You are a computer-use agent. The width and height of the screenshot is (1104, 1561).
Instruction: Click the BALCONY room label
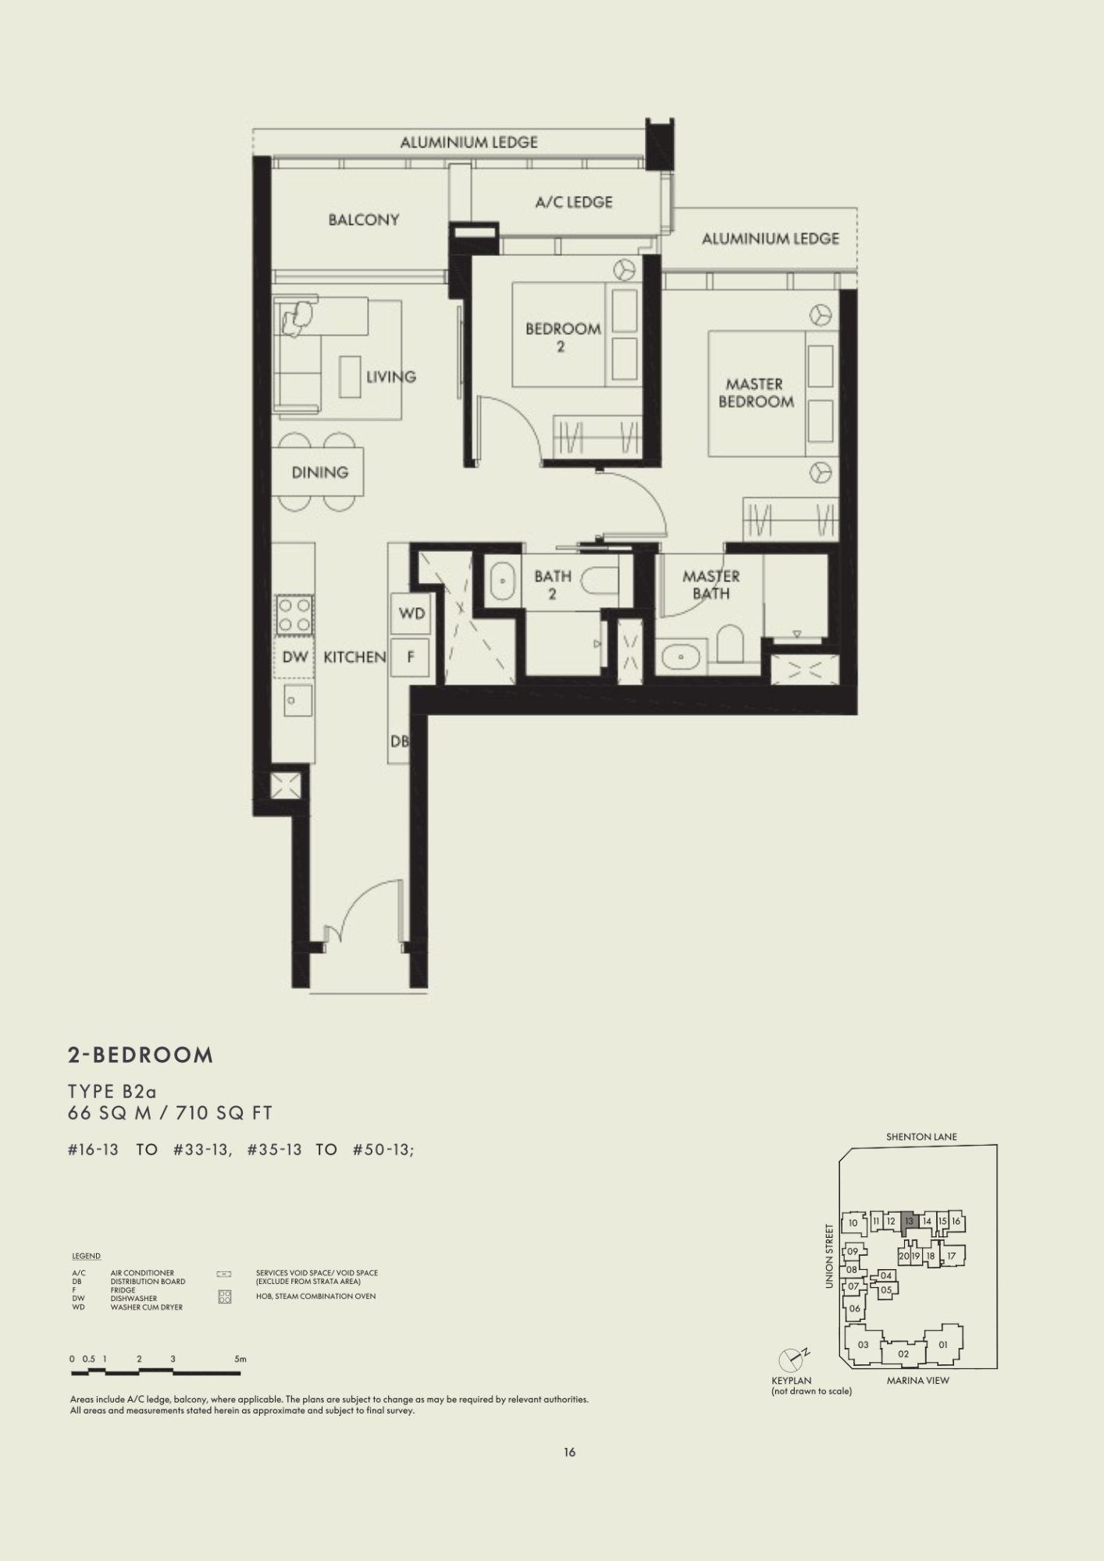point(364,220)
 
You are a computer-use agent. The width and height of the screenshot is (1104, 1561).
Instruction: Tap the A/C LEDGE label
point(574,202)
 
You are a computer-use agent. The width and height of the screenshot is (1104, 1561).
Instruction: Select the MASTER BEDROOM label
point(756,393)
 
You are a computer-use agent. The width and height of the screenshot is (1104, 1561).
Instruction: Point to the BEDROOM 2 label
point(563,337)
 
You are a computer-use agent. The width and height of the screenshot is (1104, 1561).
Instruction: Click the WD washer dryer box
point(411,613)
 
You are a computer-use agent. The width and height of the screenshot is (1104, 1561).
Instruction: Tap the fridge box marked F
point(411,657)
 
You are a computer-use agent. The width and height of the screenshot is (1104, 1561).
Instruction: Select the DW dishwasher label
point(295,657)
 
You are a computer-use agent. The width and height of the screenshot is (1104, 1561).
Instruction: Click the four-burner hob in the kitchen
point(295,613)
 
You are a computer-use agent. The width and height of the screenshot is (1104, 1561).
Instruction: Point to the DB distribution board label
point(399,741)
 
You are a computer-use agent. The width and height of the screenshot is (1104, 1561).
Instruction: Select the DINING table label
point(319,472)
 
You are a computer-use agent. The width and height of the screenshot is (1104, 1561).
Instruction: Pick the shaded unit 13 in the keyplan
point(909,1221)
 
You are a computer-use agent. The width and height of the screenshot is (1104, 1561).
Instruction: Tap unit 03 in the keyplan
point(863,1345)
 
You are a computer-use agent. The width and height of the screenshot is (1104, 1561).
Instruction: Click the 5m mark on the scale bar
point(240,1359)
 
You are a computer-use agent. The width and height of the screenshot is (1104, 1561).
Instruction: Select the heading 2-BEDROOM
point(141,1055)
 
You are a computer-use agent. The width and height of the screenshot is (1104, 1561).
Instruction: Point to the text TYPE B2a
point(112,1090)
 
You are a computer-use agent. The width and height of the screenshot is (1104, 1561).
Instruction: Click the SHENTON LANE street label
point(921,1137)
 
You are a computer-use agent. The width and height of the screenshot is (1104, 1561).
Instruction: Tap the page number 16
point(569,1453)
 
